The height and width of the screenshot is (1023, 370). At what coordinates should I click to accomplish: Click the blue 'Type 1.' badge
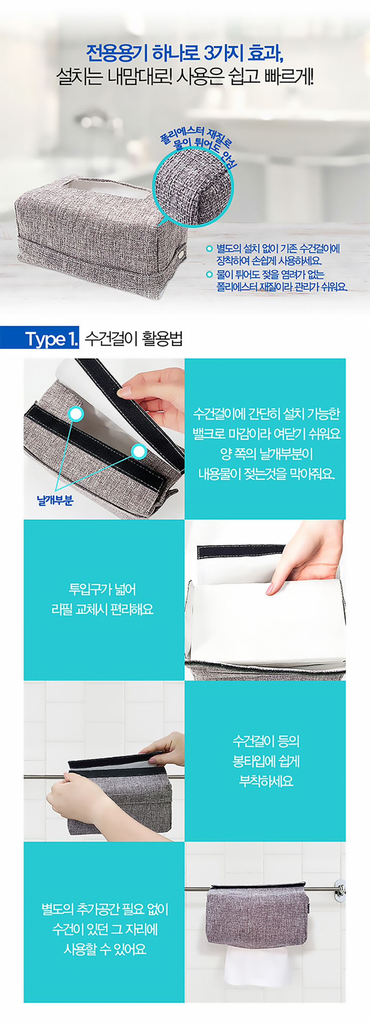click(x=40, y=339)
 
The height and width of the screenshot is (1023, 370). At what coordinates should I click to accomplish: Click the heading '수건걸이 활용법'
click(x=134, y=339)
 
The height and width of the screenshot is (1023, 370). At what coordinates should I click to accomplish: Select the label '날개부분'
click(x=55, y=500)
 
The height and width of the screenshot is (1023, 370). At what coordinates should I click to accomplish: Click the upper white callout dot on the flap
click(x=76, y=414)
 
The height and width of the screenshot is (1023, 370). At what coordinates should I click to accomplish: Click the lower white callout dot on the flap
click(x=139, y=451)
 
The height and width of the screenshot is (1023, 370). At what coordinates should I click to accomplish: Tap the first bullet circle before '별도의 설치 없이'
click(x=210, y=248)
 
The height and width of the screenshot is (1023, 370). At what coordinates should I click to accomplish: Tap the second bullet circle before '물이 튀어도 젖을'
click(x=210, y=274)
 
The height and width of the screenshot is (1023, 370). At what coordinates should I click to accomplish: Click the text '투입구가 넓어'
click(x=102, y=589)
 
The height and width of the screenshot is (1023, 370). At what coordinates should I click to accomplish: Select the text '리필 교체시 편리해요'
click(x=102, y=610)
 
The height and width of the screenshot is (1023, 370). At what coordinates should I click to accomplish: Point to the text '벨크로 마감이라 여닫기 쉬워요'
click(x=267, y=434)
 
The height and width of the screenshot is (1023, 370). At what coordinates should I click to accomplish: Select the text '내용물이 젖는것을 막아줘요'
click(x=267, y=474)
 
